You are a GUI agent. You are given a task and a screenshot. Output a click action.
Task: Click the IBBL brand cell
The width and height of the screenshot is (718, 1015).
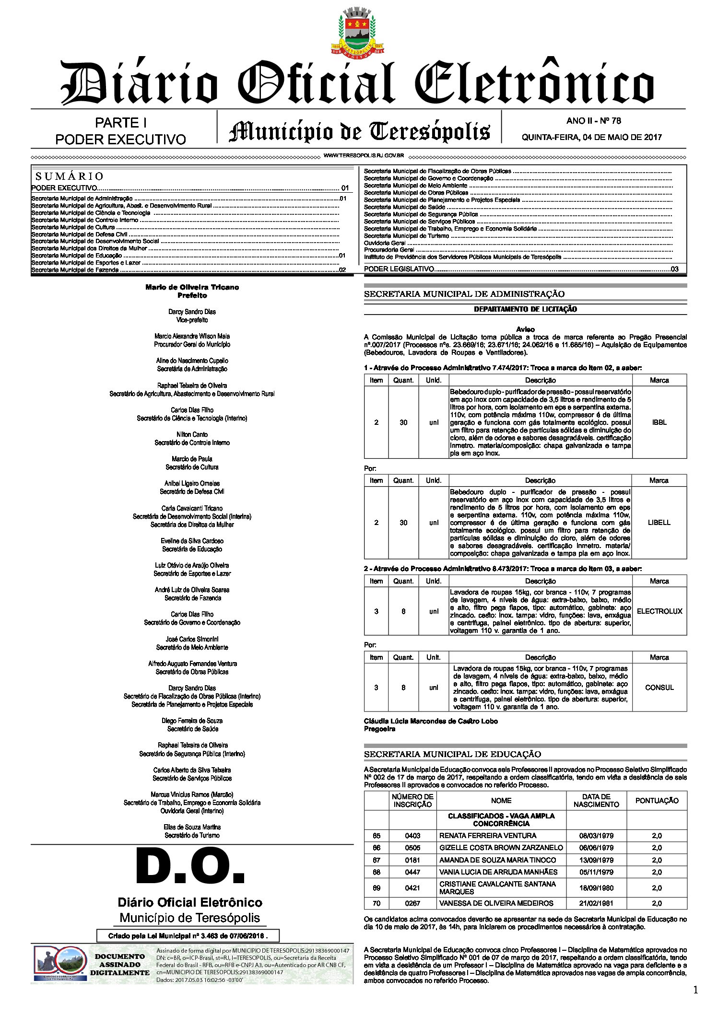click(x=659, y=422)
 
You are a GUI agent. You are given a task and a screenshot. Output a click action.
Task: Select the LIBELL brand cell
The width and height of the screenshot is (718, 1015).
click(x=659, y=523)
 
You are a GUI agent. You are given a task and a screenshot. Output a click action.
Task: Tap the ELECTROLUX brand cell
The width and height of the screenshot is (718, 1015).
click(x=659, y=611)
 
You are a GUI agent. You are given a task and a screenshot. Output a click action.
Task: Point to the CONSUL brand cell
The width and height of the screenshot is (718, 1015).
click(x=659, y=688)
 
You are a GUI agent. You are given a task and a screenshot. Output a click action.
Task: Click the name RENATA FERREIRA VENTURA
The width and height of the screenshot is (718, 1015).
click(x=487, y=836)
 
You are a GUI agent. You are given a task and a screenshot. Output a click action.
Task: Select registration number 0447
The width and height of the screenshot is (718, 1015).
click(x=412, y=872)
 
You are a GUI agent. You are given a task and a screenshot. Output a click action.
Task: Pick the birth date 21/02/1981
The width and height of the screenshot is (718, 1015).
click(x=596, y=903)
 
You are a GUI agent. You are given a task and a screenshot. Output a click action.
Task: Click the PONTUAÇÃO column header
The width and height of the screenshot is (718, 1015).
click(x=657, y=801)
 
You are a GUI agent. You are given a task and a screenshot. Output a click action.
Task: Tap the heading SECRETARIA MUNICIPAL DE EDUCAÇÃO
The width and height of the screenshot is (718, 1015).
click(x=452, y=754)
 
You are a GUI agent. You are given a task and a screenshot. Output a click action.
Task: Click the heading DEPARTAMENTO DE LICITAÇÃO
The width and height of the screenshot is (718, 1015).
click(x=525, y=309)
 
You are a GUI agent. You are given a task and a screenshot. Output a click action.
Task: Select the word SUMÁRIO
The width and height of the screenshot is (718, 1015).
click(x=70, y=176)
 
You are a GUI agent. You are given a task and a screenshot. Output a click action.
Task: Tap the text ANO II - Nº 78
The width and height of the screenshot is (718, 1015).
click(x=593, y=121)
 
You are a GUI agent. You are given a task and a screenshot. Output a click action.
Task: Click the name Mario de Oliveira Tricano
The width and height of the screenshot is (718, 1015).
click(x=192, y=287)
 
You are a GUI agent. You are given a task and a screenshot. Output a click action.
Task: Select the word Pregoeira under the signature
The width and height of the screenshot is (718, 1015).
click(x=379, y=729)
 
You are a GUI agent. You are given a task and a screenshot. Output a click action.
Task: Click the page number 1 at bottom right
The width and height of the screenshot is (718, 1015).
click(x=695, y=991)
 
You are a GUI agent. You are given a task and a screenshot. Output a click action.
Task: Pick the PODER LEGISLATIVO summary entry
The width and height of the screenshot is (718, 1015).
click(x=399, y=269)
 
